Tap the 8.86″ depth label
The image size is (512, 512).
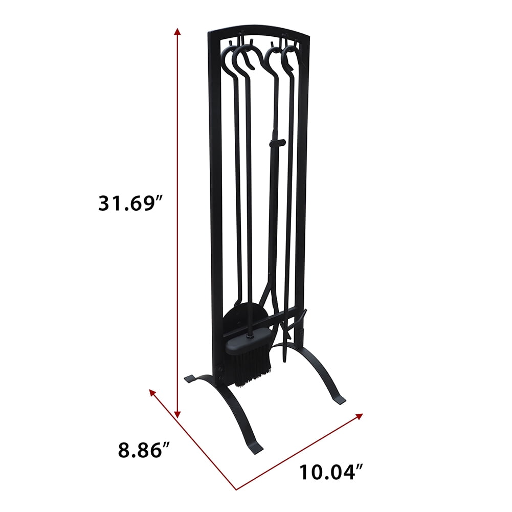pos(144,450)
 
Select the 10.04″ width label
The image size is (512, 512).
pos(327,472)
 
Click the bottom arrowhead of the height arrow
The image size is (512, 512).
pos(177,415)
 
